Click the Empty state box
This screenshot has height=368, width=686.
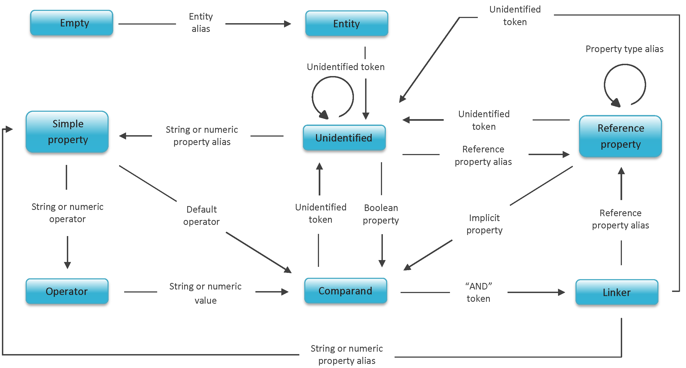pyautogui.click(x=71, y=23)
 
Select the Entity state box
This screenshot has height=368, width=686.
pyautogui.click(x=347, y=23)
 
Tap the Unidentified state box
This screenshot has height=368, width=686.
pyautogui.click(x=344, y=138)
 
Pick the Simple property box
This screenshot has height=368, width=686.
pyautogui.click(x=67, y=132)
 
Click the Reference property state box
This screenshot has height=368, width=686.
pyautogui.click(x=621, y=136)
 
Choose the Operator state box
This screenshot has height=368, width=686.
pyautogui.click(x=67, y=291)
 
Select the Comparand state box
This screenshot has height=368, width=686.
pyautogui.click(x=345, y=291)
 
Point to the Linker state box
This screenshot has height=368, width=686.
pyautogui.click(x=617, y=292)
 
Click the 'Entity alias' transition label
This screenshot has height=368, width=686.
pyautogui.click(x=201, y=23)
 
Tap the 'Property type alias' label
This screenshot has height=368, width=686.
pyautogui.click(x=624, y=49)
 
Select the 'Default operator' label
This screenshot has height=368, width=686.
pyautogui.click(x=201, y=216)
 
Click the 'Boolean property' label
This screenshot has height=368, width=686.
pyautogui.click(x=381, y=214)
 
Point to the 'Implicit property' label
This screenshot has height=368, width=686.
pyautogui.click(x=484, y=224)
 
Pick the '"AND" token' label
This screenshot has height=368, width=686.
pyautogui.click(x=478, y=292)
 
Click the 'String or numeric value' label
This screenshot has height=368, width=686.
pyautogui.click(x=205, y=293)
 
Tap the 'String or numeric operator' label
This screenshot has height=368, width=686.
pyautogui.click(x=67, y=213)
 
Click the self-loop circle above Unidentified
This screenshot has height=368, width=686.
pyautogui.click(x=333, y=97)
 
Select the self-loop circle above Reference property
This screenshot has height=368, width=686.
pyautogui.click(x=625, y=85)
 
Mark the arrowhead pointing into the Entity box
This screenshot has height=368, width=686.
pyautogui.click(x=288, y=24)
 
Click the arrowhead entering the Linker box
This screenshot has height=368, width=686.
pyautogui.click(x=562, y=292)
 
